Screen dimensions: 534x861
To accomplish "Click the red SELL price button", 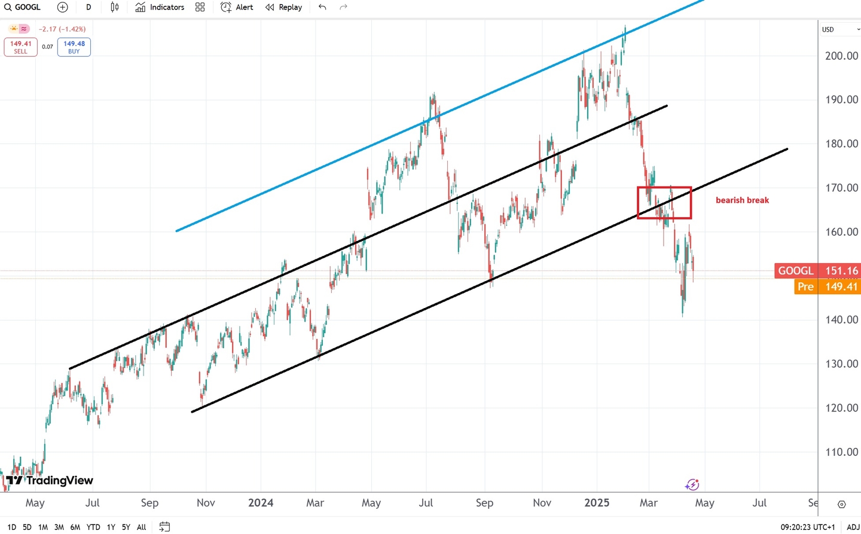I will [x=20, y=47].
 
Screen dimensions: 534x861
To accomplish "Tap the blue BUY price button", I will [x=74, y=47].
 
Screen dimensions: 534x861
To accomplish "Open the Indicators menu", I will [x=160, y=7].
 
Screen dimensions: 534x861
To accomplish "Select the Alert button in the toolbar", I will [x=237, y=7].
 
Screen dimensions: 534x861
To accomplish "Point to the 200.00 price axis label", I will [x=841, y=56].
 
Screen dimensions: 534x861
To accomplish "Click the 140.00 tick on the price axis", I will [x=841, y=320].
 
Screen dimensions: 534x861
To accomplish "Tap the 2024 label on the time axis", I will [x=261, y=503].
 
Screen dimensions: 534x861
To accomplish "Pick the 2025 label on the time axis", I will [x=597, y=503].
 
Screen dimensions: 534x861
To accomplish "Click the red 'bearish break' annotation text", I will [x=742, y=200].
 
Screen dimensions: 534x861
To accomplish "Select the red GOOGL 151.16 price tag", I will [x=817, y=271].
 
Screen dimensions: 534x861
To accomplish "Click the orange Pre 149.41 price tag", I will [x=827, y=287].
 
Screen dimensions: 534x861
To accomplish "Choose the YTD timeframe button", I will [x=93, y=527].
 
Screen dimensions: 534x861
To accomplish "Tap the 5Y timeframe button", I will [x=126, y=527].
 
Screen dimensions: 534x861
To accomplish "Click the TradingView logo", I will [x=50, y=480].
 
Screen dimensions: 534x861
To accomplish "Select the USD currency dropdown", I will [x=839, y=29].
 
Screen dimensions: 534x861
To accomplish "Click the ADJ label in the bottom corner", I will [x=853, y=527].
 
